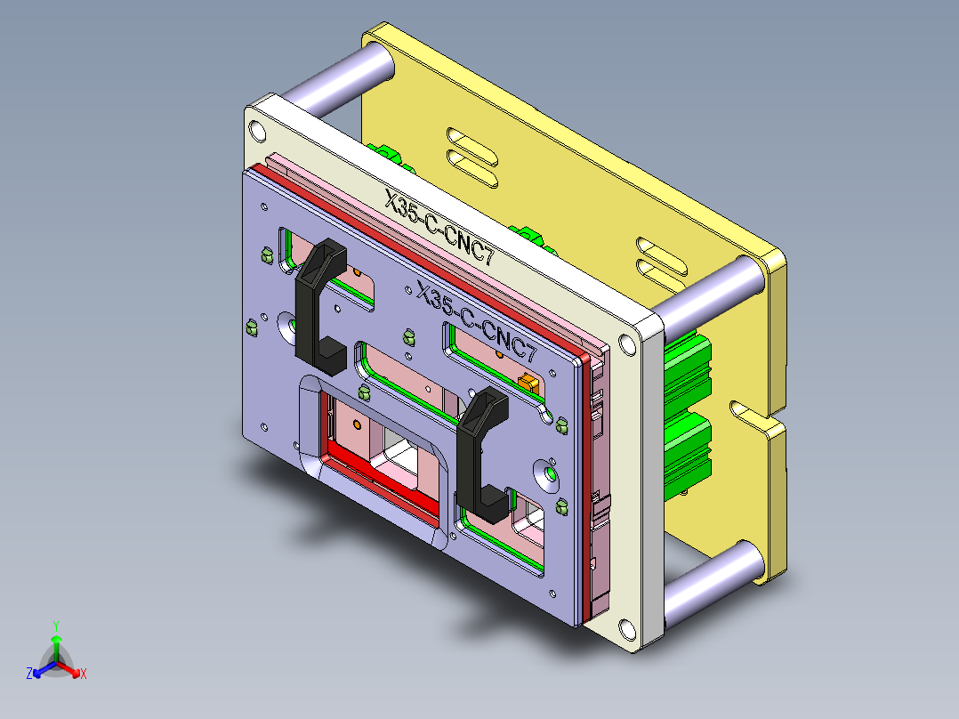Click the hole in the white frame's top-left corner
click(257, 132)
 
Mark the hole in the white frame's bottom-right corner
click(630, 631)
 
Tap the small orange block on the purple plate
click(528, 382)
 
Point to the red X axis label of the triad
click(84, 675)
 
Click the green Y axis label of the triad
click(55, 625)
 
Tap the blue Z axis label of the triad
click(29, 675)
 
